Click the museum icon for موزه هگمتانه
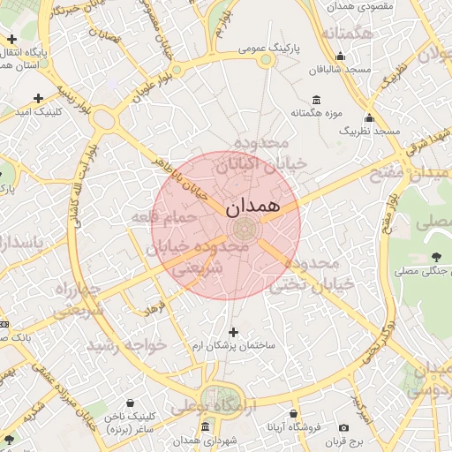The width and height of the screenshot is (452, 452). (x=316, y=100)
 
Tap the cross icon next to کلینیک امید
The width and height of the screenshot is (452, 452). (x=37, y=98)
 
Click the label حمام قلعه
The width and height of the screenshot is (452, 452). (x=162, y=216)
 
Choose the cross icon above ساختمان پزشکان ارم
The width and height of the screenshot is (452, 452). (x=233, y=332)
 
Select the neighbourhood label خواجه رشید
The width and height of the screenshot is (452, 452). (x=133, y=345)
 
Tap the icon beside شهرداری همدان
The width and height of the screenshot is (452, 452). (x=205, y=426)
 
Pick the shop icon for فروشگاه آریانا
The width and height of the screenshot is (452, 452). (x=293, y=413)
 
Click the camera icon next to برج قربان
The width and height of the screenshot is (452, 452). (x=343, y=428)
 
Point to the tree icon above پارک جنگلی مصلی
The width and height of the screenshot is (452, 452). (x=437, y=257)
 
